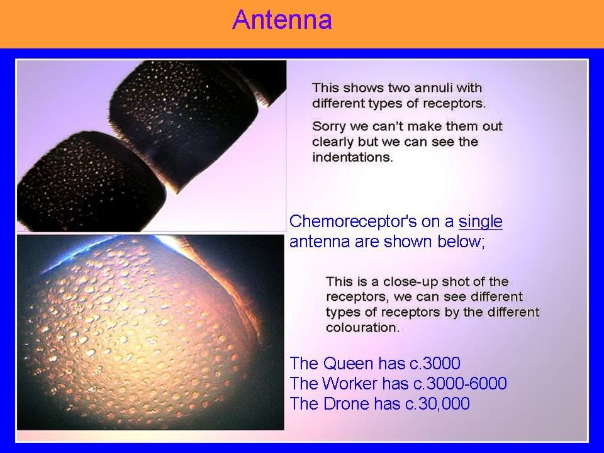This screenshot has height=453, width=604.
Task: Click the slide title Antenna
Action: pyautogui.click(x=282, y=20)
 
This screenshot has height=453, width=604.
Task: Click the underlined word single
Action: pyautogui.click(x=480, y=221)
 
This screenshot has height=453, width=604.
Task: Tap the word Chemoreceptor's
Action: pyautogui.click(x=353, y=221)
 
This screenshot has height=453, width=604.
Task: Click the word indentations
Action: pyautogui.click(x=352, y=157)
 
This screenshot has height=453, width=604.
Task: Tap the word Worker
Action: pyautogui.click(x=350, y=383)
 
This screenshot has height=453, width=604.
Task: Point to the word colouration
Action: pyautogui.click(x=363, y=328)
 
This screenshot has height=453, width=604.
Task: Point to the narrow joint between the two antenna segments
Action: pyautogui.click(x=152, y=150)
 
